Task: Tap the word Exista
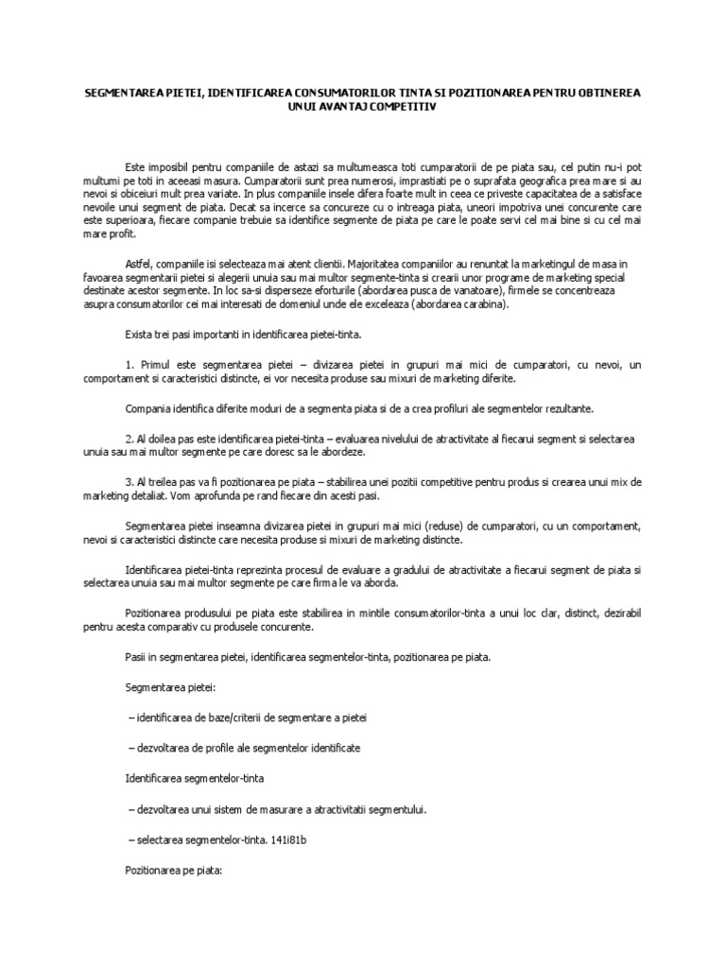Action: [x=141, y=334]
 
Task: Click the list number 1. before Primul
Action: [x=130, y=364]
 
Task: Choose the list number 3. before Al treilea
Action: [x=130, y=482]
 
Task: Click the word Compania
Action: [x=148, y=408]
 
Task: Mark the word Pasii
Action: [x=138, y=656]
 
